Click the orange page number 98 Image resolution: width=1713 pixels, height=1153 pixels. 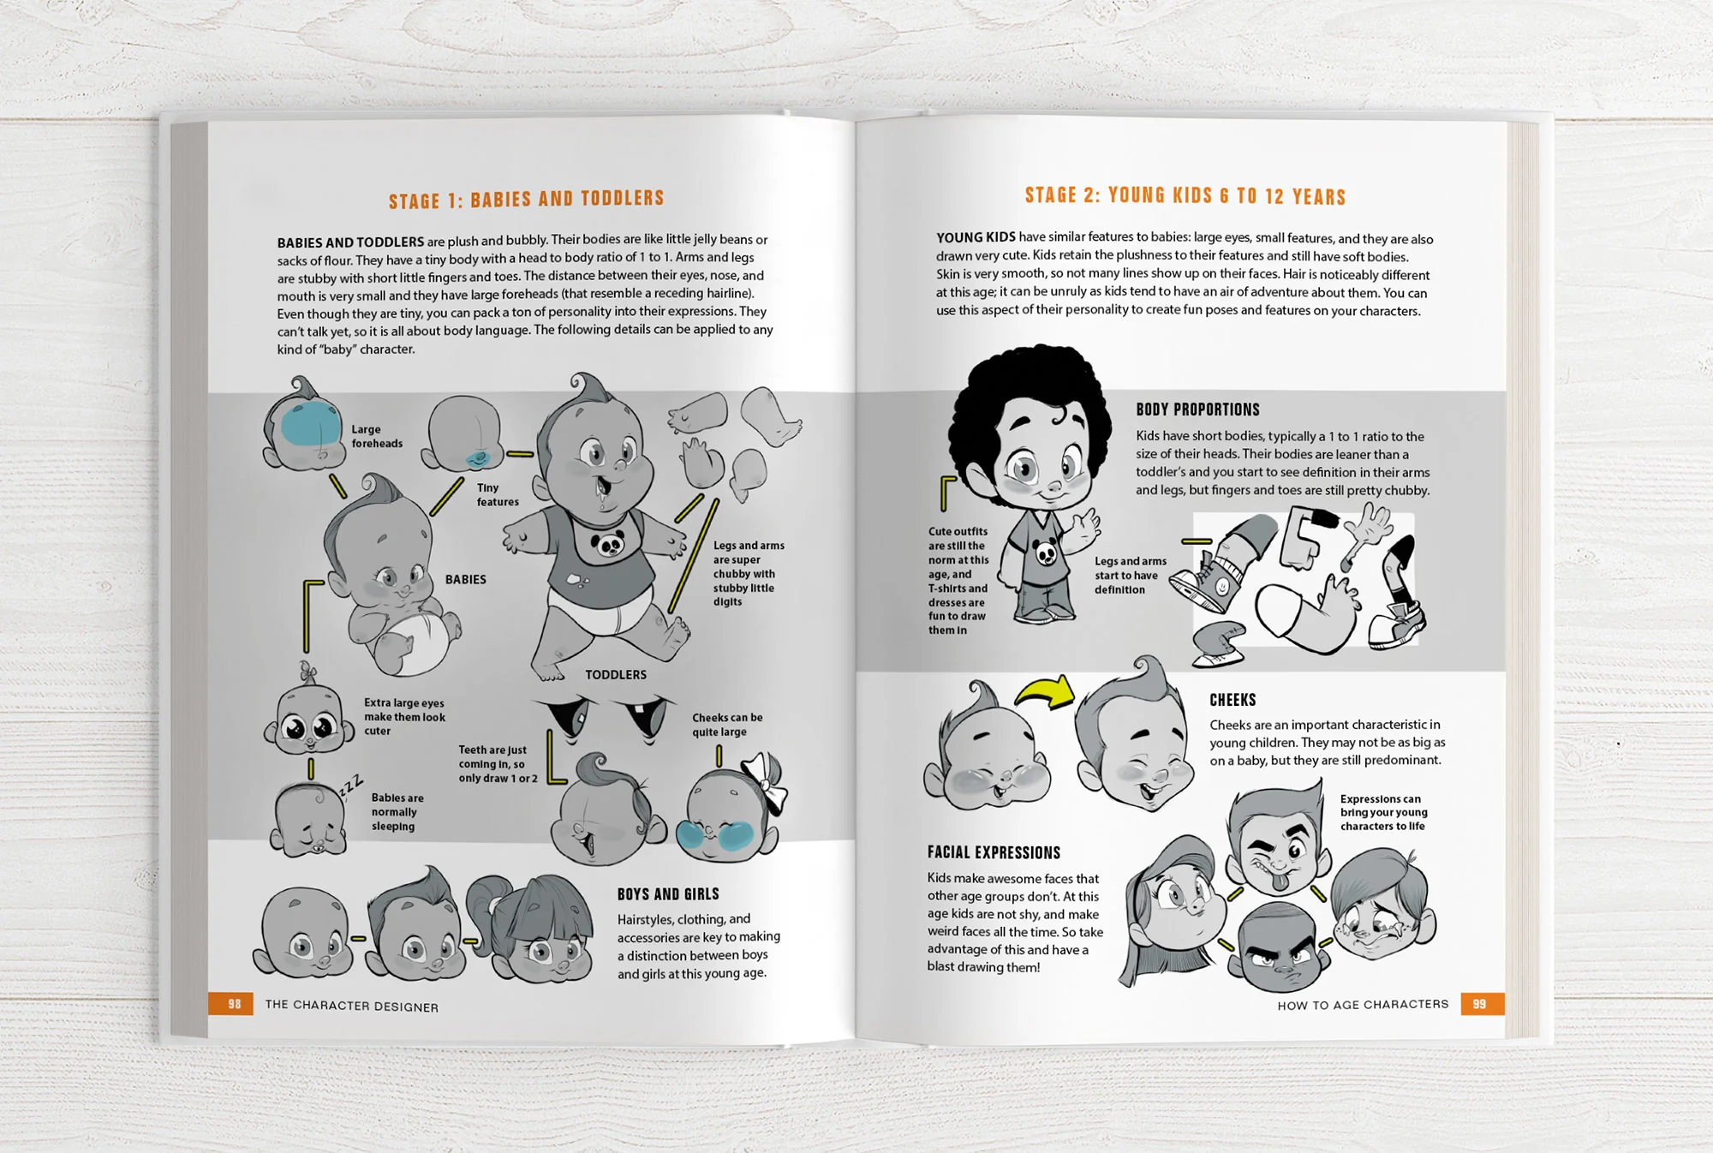click(x=234, y=1004)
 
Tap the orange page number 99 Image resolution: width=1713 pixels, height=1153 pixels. click(x=1479, y=1004)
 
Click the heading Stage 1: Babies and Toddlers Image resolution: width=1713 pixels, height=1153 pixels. click(x=526, y=200)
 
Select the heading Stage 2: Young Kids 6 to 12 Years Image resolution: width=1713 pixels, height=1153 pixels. click(x=1185, y=196)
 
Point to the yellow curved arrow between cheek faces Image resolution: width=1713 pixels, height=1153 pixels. click(x=1046, y=691)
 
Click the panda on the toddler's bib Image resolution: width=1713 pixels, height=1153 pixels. click(x=609, y=544)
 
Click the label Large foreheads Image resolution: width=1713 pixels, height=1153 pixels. click(x=376, y=436)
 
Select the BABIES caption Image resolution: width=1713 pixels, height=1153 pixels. click(x=465, y=580)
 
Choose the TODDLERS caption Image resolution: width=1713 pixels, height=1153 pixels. click(x=615, y=675)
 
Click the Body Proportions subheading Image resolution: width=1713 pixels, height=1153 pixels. click(x=1197, y=409)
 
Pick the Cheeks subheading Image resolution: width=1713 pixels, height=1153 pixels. click(x=1233, y=700)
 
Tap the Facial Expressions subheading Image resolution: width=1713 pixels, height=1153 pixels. click(x=994, y=852)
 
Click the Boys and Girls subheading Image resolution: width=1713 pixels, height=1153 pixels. click(x=668, y=894)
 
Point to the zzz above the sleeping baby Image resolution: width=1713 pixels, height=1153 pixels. click(x=351, y=784)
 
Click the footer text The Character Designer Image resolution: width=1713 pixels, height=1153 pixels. click(x=351, y=1006)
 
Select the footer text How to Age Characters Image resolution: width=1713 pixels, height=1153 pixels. click(x=1363, y=1005)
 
